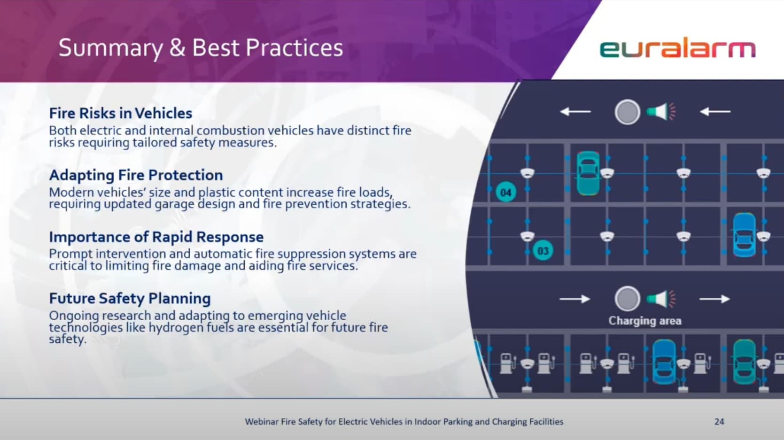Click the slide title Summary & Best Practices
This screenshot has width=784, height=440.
(x=201, y=48)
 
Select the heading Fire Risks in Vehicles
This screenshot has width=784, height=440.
(x=121, y=113)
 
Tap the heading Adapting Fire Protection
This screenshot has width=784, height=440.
(x=136, y=175)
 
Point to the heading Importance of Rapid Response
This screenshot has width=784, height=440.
(x=156, y=237)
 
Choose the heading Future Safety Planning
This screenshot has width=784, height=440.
(x=130, y=299)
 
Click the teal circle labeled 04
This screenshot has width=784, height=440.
(x=506, y=193)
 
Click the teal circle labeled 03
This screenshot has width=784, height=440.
(x=543, y=251)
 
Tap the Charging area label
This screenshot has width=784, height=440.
(x=644, y=321)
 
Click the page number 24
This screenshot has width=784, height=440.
(x=719, y=422)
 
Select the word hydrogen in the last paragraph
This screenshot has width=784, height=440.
(x=176, y=328)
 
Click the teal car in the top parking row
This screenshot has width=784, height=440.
(x=588, y=173)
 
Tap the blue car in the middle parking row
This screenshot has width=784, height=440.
(x=744, y=235)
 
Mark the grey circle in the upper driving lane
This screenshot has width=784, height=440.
(x=627, y=112)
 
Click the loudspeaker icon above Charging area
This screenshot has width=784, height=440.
(x=661, y=299)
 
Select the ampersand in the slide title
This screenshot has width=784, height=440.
(x=178, y=48)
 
